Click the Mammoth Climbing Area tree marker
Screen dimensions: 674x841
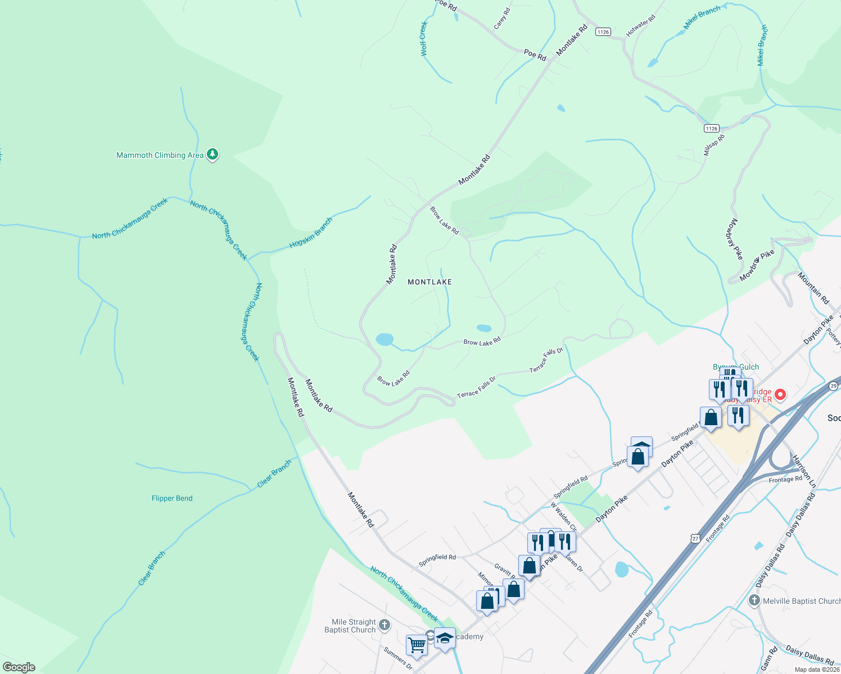(212, 154)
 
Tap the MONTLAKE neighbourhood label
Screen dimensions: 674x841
(429, 282)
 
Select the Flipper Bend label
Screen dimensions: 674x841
(172, 498)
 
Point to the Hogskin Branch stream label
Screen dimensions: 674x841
(311, 233)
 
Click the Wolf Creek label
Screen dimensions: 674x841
(424, 39)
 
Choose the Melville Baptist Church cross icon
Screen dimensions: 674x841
(754, 601)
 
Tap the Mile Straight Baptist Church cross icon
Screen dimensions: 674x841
(385, 625)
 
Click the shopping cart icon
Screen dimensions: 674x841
(417, 645)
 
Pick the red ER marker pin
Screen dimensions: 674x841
(780, 394)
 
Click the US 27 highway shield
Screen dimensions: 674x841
(695, 539)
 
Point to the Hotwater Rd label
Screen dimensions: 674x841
(641, 26)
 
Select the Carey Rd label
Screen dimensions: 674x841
(501, 19)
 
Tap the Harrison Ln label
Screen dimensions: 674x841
(804, 471)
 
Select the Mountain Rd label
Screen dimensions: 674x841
(813, 288)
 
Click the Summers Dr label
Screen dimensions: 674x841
(398, 659)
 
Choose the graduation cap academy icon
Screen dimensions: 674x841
(445, 639)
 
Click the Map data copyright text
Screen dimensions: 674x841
(817, 670)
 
